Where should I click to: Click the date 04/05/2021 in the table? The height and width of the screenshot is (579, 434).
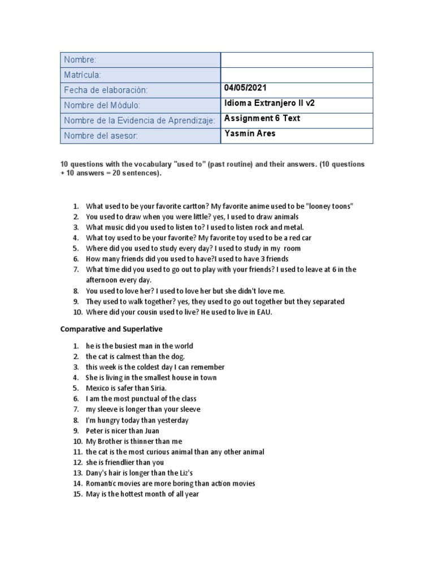(x=245, y=88)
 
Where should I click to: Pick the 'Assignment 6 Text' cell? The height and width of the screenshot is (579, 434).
(x=262, y=119)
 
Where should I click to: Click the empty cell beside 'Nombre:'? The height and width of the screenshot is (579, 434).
(x=296, y=60)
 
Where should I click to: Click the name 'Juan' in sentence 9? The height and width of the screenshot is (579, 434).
(x=151, y=431)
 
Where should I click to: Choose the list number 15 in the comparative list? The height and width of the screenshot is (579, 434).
(x=77, y=494)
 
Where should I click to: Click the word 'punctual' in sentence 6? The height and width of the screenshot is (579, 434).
(x=140, y=399)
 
